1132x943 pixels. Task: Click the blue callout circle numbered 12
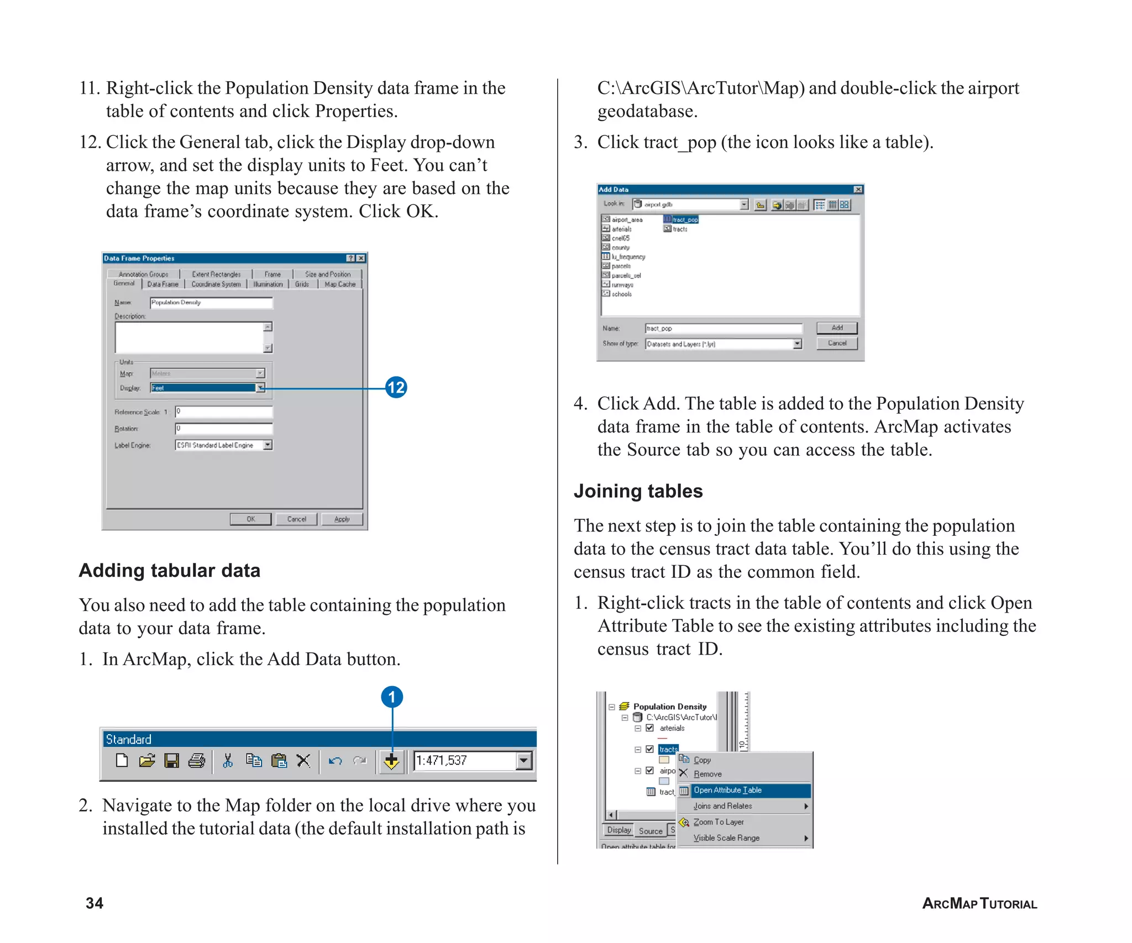[396, 387]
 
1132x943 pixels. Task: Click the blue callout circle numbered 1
[392, 697]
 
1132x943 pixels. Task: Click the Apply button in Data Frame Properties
[342, 519]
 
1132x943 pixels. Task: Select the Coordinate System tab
[216, 285]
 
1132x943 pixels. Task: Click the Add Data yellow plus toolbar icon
[391, 761]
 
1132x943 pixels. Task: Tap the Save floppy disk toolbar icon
[171, 761]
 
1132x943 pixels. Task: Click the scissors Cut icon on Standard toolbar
[227, 761]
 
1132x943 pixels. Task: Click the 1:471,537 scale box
[464, 761]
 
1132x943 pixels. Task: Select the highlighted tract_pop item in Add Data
[685, 220]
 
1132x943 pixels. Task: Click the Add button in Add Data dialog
[837, 328]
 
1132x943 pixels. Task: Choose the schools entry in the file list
[621, 294]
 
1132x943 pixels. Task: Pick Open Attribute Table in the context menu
[727, 790]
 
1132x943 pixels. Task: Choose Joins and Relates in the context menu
[723, 806]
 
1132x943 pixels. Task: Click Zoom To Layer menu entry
[719, 822]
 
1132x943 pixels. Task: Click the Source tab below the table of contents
[650, 831]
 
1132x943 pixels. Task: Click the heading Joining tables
[638, 491]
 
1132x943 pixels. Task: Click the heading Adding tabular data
[169, 571]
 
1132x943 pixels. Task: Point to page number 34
[95, 903]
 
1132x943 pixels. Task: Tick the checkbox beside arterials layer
[650, 728]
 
